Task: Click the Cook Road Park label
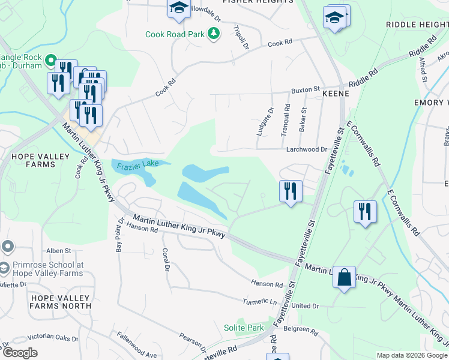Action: pos(174,34)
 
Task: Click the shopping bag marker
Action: pos(344,277)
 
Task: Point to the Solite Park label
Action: pos(244,328)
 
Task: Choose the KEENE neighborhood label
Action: pos(336,94)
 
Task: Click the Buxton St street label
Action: pos(306,90)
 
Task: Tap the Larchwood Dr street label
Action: pos(306,149)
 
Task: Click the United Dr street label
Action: pos(306,306)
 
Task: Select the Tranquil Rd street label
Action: pos(286,119)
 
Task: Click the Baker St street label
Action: pos(303,120)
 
